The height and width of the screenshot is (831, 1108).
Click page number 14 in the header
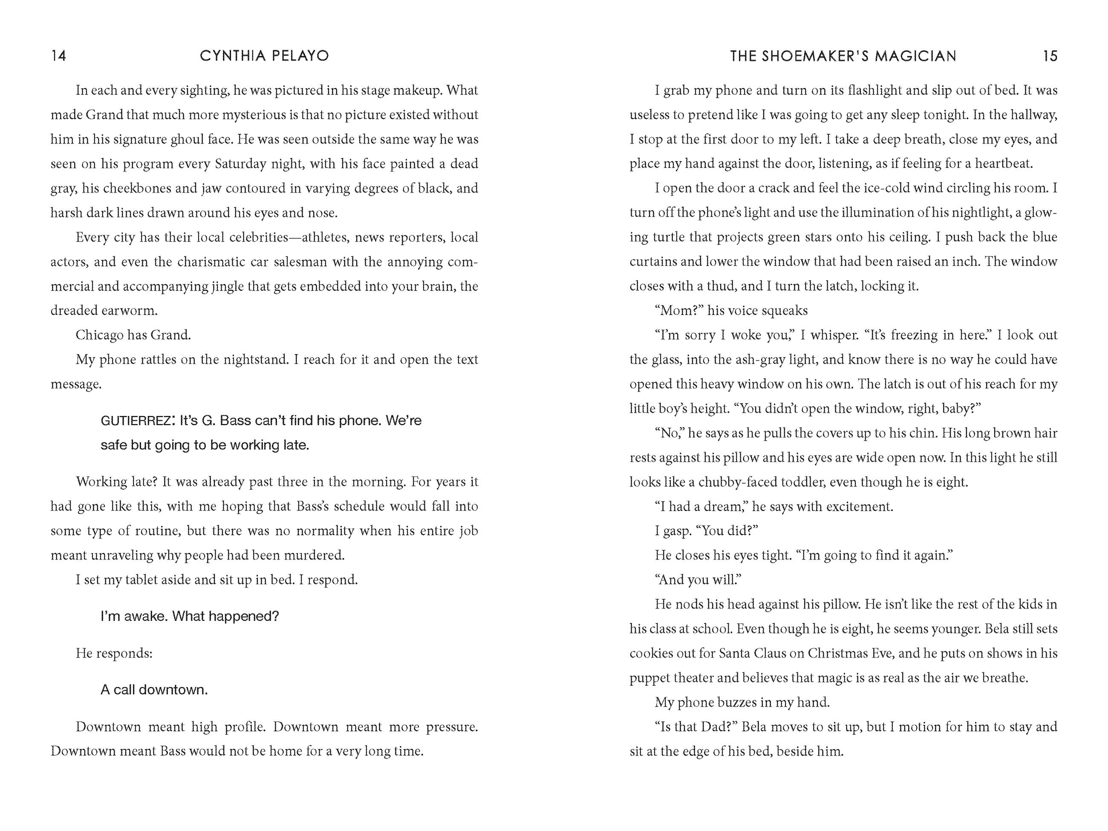pyautogui.click(x=59, y=55)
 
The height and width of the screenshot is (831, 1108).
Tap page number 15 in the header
pyautogui.click(x=1050, y=55)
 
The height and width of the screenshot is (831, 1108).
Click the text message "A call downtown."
pyautogui.click(x=154, y=690)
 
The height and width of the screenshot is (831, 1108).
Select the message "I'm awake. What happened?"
pyautogui.click(x=190, y=616)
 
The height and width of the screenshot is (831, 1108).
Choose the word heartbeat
pyautogui.click(x=1003, y=164)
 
